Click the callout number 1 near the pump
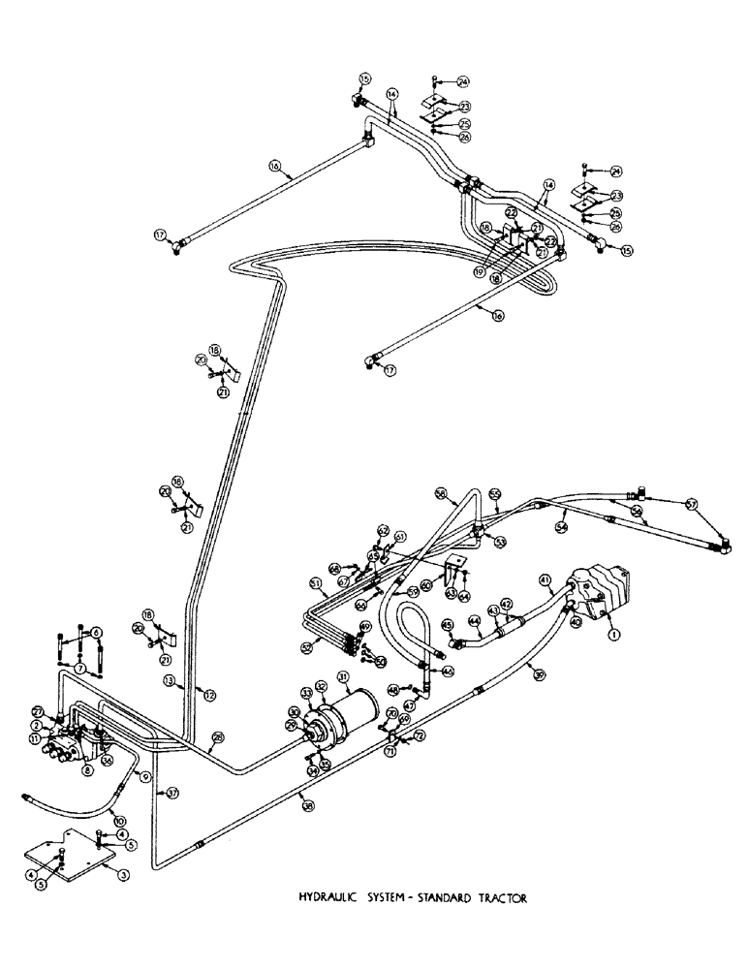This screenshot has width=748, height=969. pyautogui.click(x=611, y=635)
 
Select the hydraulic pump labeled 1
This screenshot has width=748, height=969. pyautogui.click(x=600, y=590)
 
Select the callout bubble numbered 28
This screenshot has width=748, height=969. pyautogui.click(x=218, y=739)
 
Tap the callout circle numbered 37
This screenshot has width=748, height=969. pyautogui.click(x=171, y=793)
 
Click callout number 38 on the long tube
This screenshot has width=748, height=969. pyautogui.click(x=307, y=831)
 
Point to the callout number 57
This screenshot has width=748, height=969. pyautogui.click(x=692, y=503)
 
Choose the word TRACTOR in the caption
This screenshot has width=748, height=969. pyautogui.click(x=501, y=898)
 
